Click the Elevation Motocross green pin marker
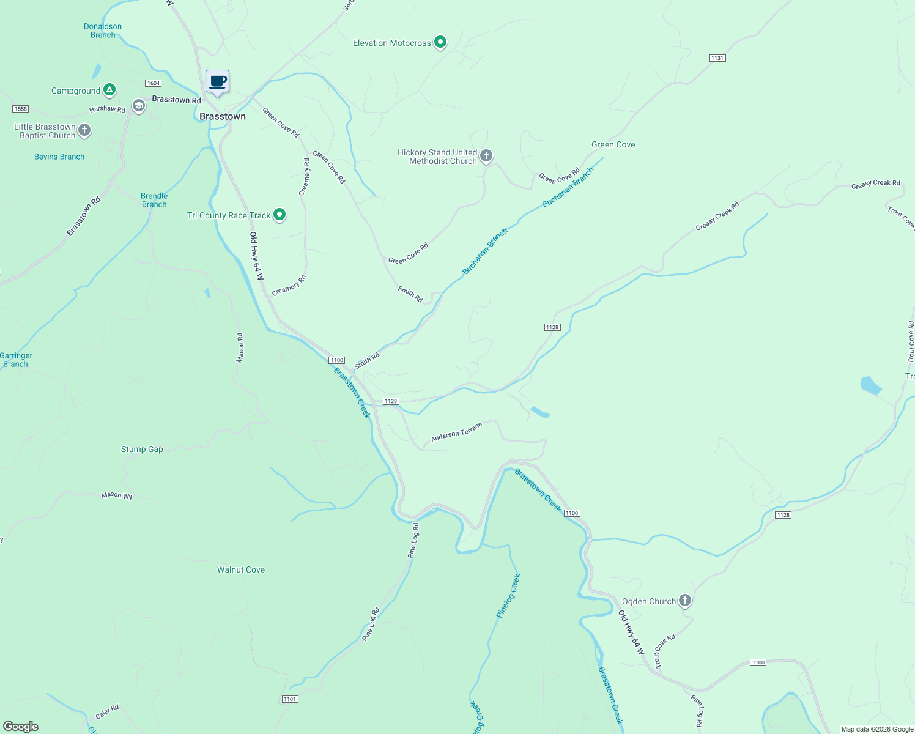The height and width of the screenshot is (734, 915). (x=440, y=42)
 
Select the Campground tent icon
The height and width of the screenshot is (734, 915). (x=109, y=91)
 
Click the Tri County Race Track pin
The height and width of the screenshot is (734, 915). (x=280, y=215)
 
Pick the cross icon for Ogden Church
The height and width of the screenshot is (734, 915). (x=685, y=601)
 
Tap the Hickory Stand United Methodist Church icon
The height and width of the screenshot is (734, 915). (x=486, y=156)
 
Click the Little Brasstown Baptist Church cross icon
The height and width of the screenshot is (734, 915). (x=84, y=130)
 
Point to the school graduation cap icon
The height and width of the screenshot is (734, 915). (x=139, y=106)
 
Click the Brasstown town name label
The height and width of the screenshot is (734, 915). (x=223, y=116)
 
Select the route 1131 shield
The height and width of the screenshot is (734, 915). (x=717, y=58)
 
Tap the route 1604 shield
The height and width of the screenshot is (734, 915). (x=153, y=83)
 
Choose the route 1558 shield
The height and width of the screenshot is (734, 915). (x=20, y=109)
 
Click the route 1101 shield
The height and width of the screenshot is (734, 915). (x=290, y=699)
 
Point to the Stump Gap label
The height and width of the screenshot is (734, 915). (x=142, y=449)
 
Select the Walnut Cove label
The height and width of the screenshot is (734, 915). (x=241, y=569)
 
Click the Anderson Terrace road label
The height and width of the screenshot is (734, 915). (x=456, y=432)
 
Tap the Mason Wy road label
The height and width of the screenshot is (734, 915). (x=117, y=495)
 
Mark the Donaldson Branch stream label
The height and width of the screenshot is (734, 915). (x=103, y=31)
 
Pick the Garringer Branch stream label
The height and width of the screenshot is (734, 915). (x=16, y=360)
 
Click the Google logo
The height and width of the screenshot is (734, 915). (x=21, y=727)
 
